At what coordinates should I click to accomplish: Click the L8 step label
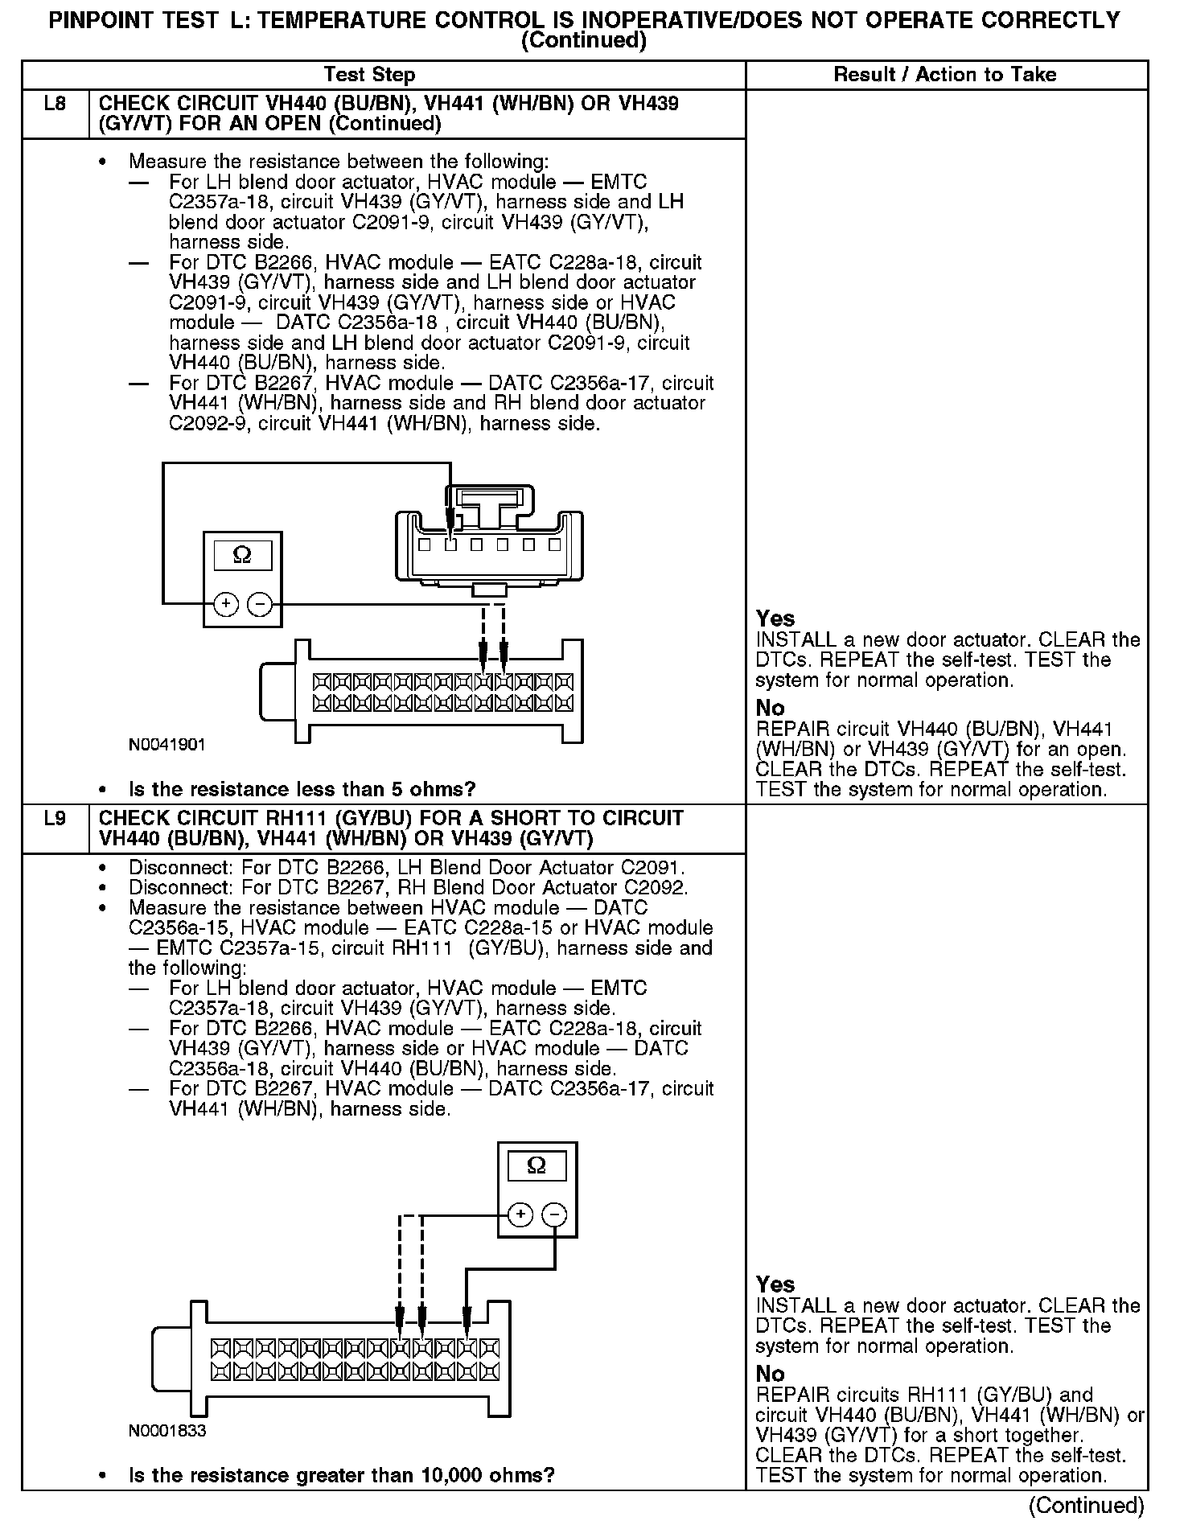(x=55, y=104)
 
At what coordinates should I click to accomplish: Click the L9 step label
(x=55, y=819)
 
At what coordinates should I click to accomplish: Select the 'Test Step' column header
(x=369, y=76)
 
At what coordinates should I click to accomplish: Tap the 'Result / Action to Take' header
(x=945, y=75)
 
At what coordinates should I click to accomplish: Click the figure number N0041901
(x=167, y=745)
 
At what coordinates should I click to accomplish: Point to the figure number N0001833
(x=167, y=1431)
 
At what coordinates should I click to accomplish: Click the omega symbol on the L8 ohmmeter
(x=241, y=555)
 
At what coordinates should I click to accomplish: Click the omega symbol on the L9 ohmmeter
(x=536, y=1165)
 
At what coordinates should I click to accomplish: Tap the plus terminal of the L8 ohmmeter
(x=226, y=603)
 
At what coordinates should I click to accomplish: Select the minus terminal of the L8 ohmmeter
(x=259, y=603)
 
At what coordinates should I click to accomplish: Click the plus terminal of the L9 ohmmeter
(x=521, y=1214)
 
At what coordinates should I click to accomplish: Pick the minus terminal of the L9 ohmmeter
(x=554, y=1214)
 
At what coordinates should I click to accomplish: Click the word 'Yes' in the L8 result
(x=775, y=619)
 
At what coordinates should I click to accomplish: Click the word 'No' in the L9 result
(x=770, y=1374)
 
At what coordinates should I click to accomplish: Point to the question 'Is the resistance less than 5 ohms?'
(x=302, y=789)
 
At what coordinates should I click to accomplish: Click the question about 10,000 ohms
(x=341, y=1475)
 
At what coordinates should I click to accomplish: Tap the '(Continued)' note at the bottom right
(x=1086, y=1505)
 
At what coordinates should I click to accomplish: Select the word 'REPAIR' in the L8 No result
(x=792, y=730)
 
